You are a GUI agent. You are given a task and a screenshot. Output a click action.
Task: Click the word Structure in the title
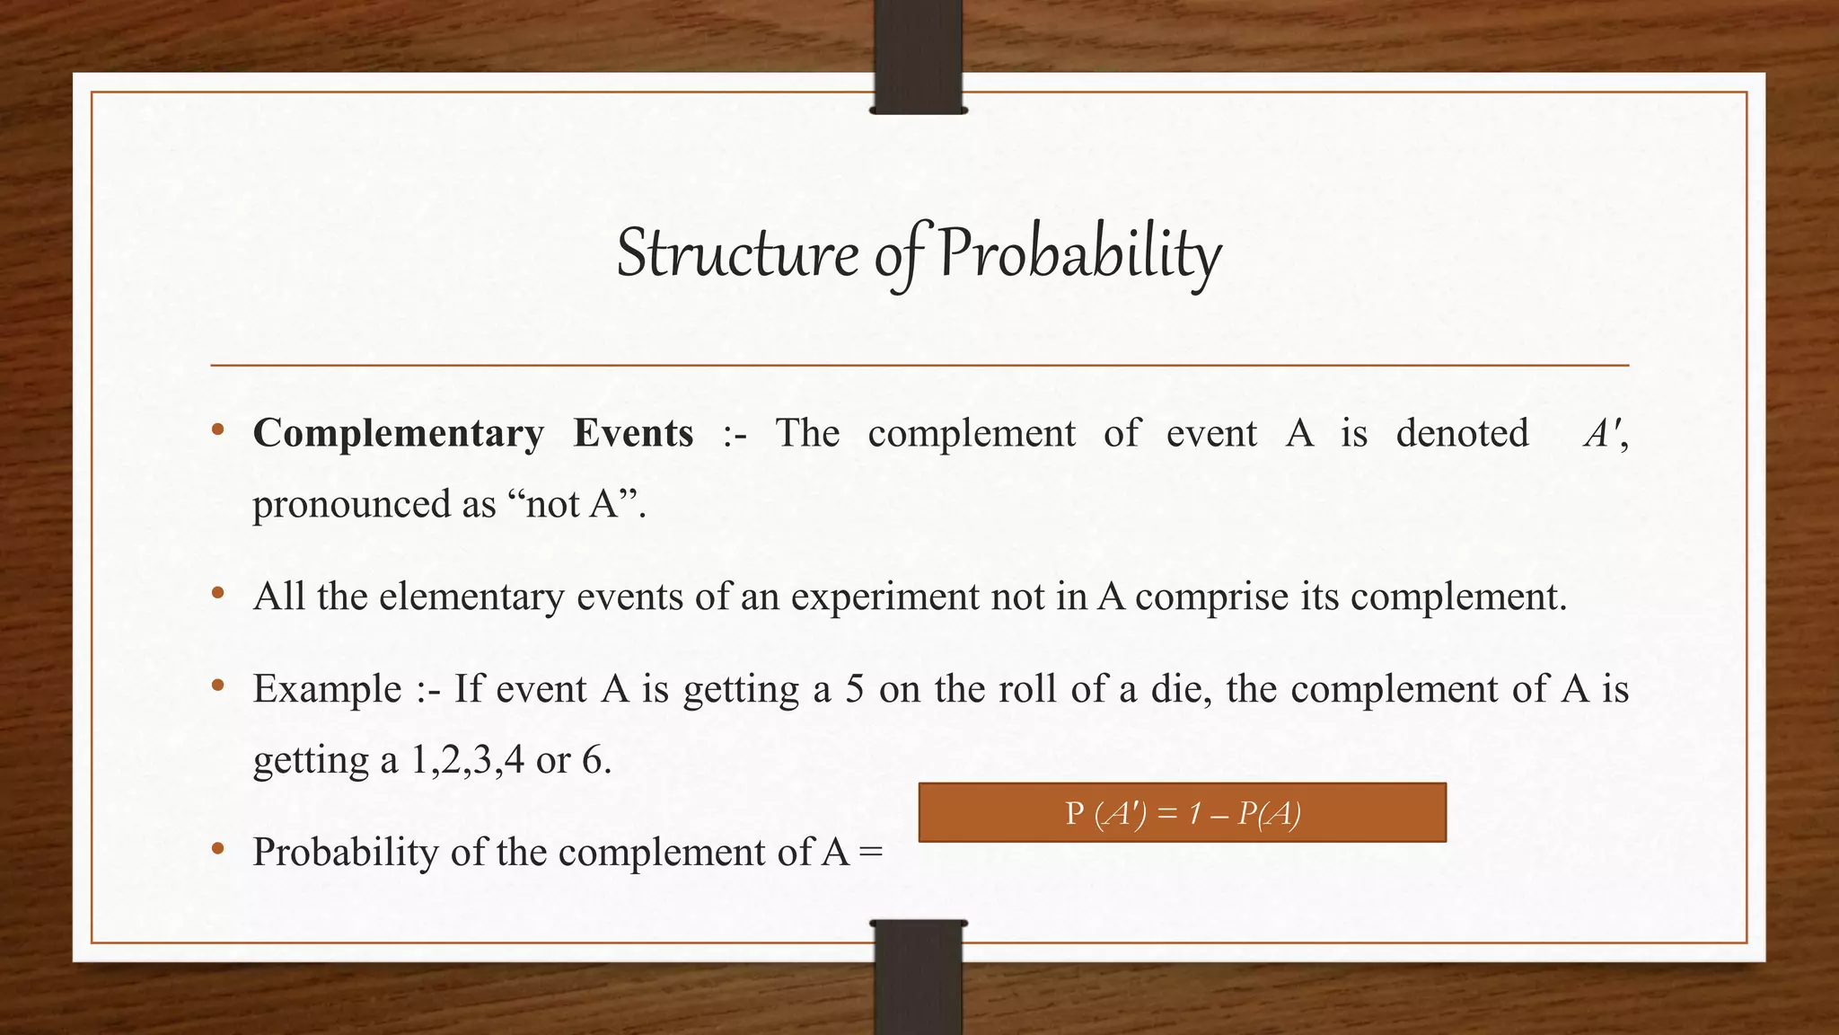(736, 253)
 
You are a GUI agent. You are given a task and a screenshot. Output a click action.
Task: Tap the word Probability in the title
(1079, 253)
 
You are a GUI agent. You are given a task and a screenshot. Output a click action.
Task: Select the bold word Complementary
(398, 434)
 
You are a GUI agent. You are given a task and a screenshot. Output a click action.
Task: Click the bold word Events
(633, 434)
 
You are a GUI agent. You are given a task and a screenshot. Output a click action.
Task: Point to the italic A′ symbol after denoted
(1602, 434)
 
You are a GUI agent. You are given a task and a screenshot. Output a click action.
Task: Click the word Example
(327, 689)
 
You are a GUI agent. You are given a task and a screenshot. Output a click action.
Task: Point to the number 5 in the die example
(855, 689)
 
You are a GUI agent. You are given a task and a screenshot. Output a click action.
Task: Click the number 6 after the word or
(593, 760)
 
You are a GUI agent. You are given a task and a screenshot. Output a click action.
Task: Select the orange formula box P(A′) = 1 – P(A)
(1182, 812)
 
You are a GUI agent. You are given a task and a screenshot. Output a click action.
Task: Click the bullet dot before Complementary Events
(217, 431)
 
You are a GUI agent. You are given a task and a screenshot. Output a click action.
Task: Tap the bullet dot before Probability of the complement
(217, 849)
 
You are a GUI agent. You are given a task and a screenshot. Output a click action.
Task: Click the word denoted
(1462, 434)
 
